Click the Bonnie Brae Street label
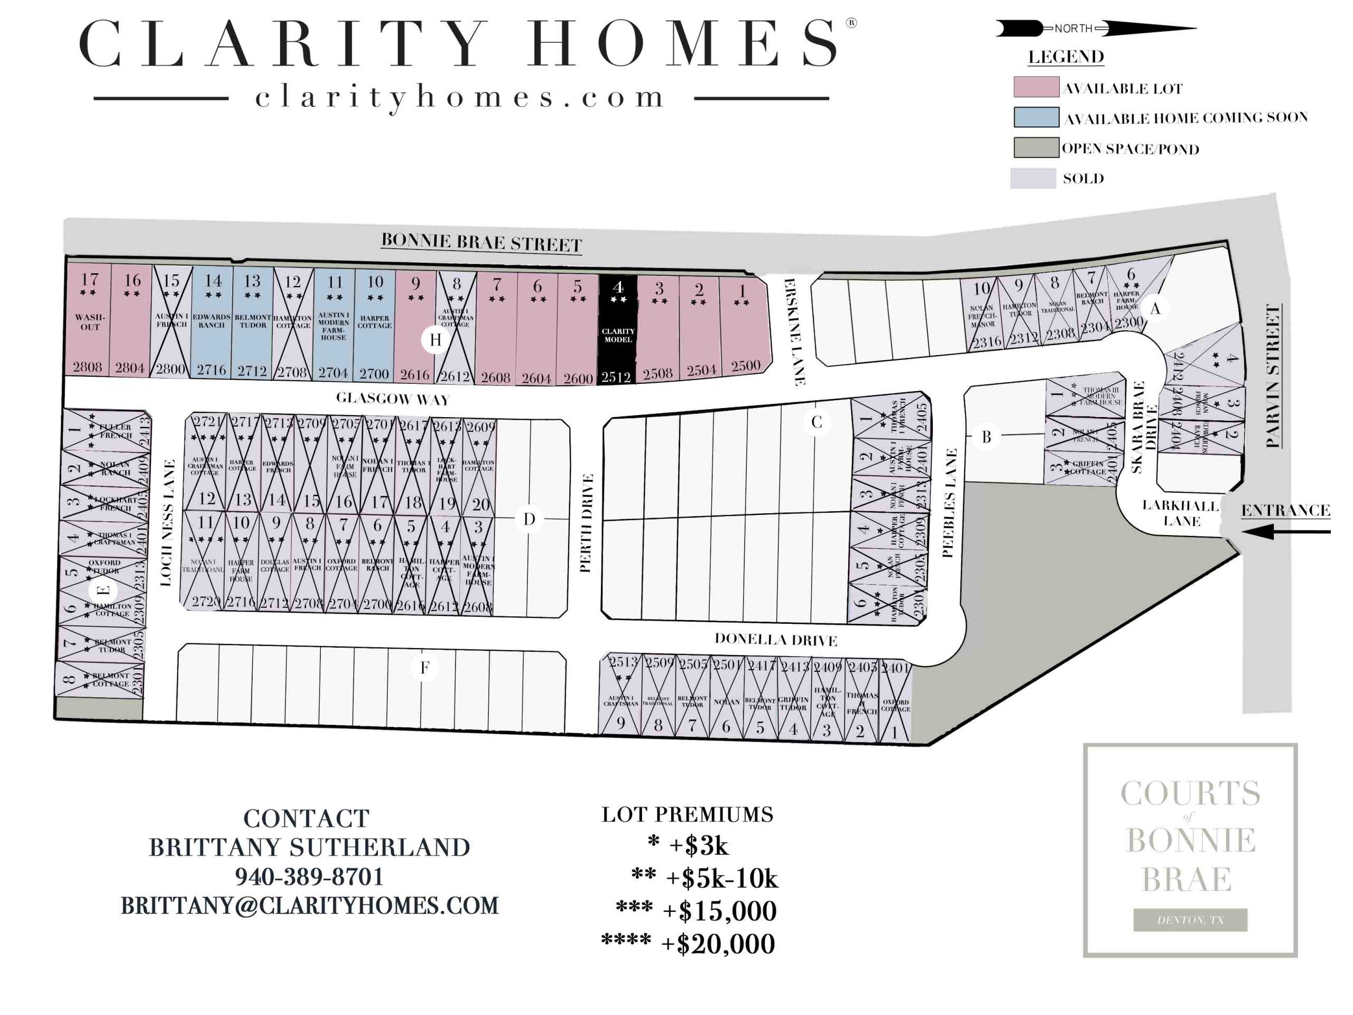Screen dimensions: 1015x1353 [481, 242]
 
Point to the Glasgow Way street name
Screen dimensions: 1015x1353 [393, 399]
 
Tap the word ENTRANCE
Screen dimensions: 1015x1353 [1285, 510]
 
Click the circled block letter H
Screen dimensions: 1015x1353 [435, 340]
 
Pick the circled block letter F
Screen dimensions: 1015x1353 [424, 668]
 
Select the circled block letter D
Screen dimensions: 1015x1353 [529, 520]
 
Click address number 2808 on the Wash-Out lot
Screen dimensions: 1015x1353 [87, 367]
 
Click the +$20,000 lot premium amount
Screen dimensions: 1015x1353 [718, 944]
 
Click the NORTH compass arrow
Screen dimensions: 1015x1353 [1095, 28]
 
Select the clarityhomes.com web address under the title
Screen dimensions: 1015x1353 [460, 98]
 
